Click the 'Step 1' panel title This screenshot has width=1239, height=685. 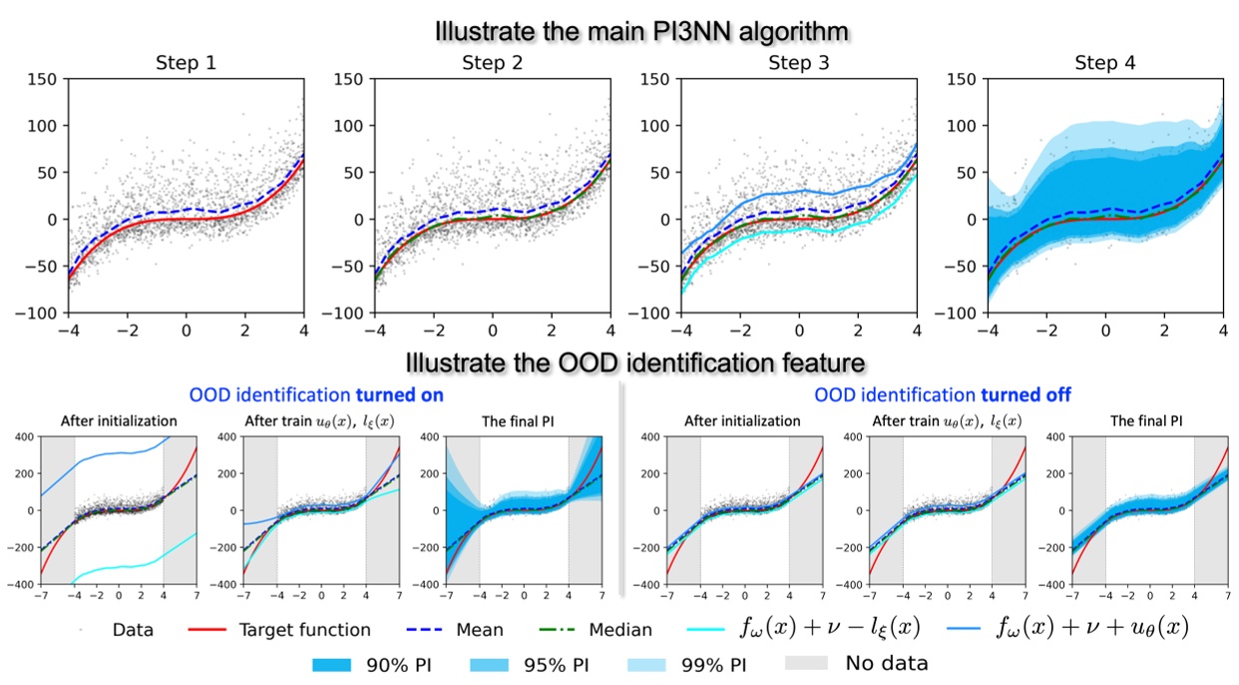(x=186, y=63)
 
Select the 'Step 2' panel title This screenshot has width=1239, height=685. (x=492, y=63)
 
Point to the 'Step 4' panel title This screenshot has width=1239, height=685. (x=1104, y=63)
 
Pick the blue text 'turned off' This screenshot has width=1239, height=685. (x=1031, y=395)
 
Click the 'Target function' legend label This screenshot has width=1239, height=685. (x=304, y=630)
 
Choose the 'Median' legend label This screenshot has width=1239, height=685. (x=619, y=630)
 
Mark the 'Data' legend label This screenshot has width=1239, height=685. (x=133, y=630)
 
